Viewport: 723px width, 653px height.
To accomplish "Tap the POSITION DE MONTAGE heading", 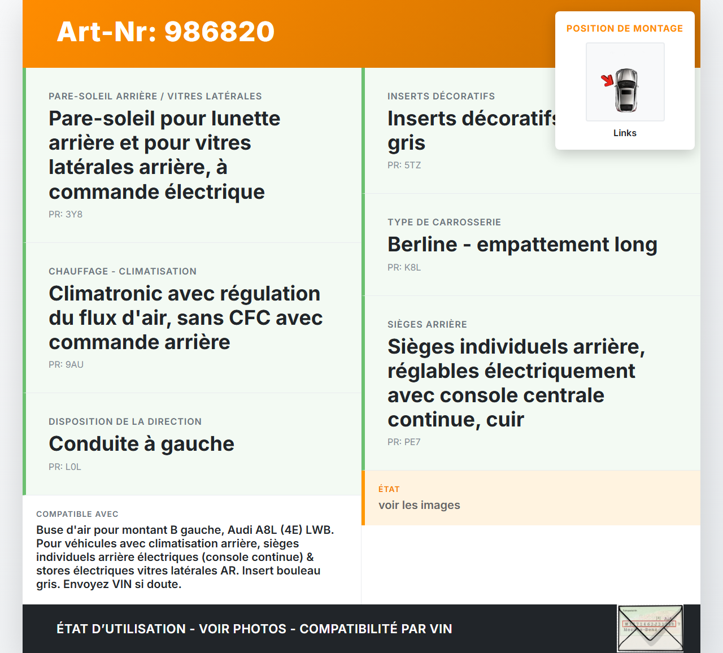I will click(x=624, y=29).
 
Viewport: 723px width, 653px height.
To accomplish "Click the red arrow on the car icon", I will click(x=607, y=80).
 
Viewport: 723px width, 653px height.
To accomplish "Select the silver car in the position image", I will click(x=626, y=90).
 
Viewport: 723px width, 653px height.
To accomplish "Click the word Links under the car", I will click(x=625, y=133).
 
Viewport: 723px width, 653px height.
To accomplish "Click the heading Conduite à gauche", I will click(x=141, y=444).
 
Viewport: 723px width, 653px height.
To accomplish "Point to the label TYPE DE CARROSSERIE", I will click(x=444, y=223).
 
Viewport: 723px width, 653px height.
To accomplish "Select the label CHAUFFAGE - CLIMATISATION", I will click(x=123, y=272).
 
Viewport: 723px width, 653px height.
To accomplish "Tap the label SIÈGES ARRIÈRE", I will click(x=427, y=325).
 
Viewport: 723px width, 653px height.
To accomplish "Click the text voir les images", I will click(x=419, y=506).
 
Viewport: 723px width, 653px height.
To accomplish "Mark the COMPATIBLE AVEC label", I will click(x=77, y=515).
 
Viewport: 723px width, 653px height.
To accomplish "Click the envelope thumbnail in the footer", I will click(x=650, y=628).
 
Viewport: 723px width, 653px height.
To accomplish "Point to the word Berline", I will click(x=422, y=245).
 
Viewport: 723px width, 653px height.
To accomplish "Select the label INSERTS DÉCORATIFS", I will click(x=441, y=97).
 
